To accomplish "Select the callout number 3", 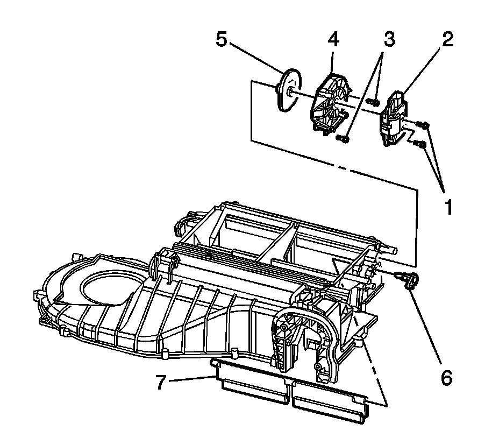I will (x=388, y=39).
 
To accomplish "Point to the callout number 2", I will (x=447, y=39).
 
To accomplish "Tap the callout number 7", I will (x=160, y=383).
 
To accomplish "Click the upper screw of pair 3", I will (x=372, y=101).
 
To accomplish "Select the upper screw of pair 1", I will (x=424, y=125).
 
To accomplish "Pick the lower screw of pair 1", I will (x=421, y=144).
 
